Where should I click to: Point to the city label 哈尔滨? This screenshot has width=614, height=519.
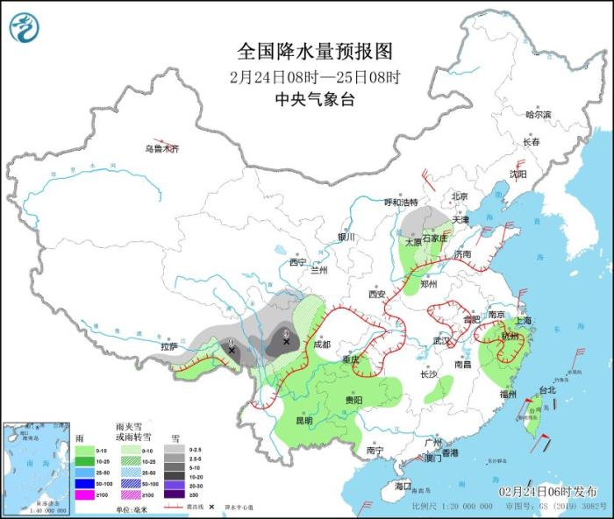538,115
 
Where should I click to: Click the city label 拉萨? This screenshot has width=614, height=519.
169,346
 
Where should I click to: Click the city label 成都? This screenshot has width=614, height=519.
323,345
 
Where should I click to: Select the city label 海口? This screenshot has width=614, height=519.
403,486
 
